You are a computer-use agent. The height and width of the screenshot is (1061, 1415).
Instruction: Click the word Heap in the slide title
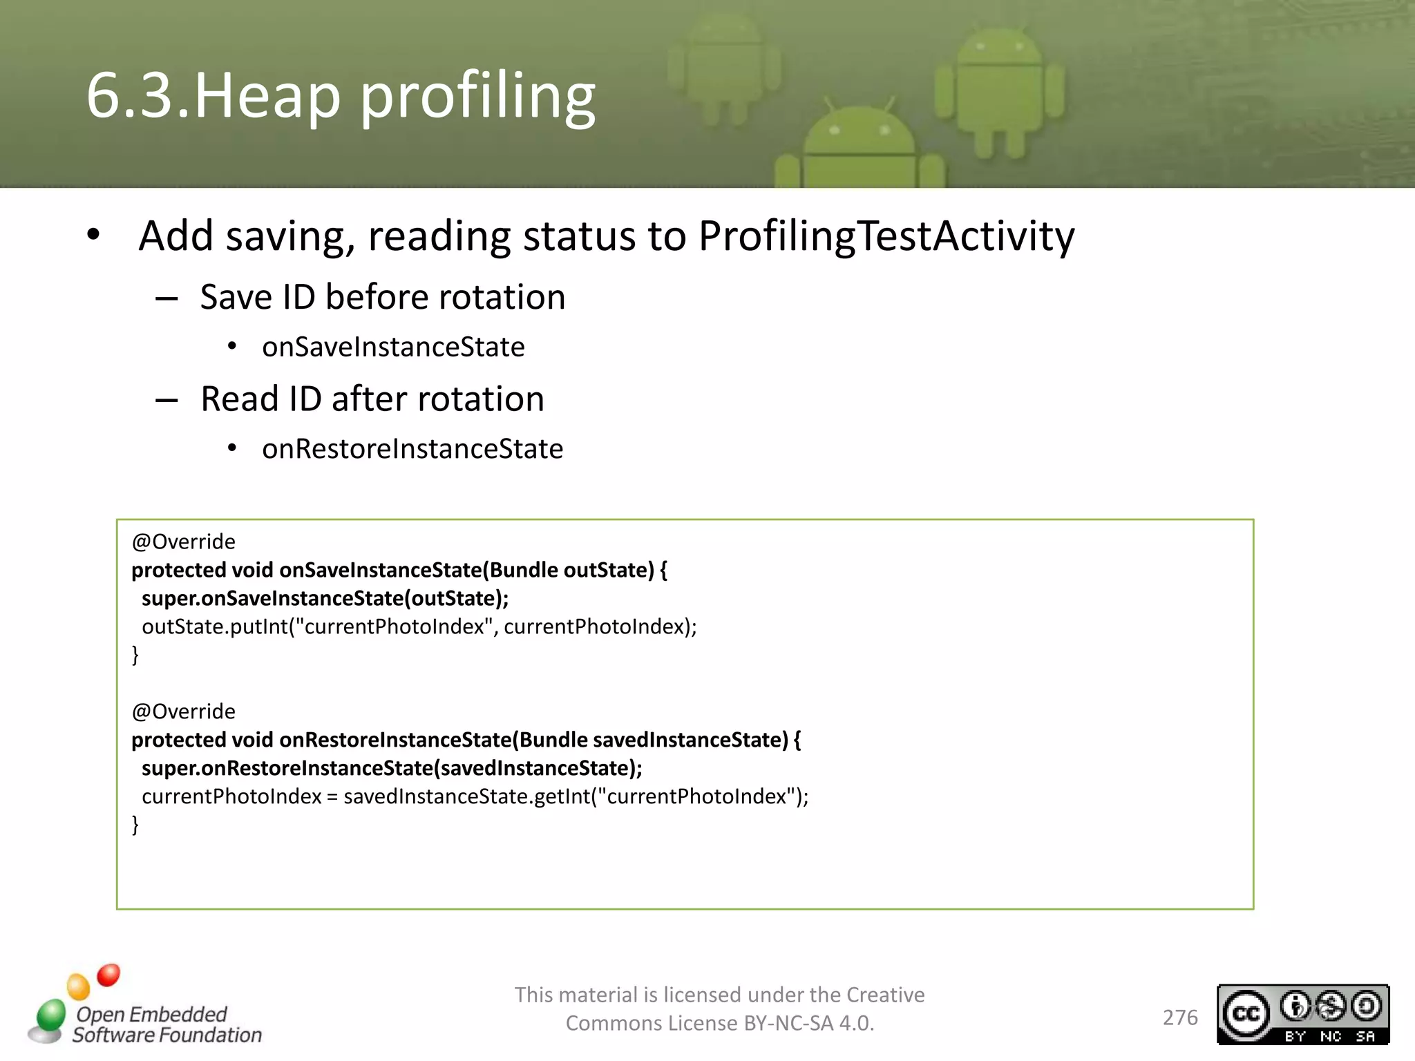pos(267,97)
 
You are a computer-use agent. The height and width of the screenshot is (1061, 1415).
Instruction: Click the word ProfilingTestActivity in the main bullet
pos(886,236)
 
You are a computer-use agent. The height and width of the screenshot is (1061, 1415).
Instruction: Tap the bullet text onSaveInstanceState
pos(393,347)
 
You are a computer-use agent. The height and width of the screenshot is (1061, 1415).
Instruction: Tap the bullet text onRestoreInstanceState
pos(412,449)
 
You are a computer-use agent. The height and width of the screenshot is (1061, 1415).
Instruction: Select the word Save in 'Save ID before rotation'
pos(236,298)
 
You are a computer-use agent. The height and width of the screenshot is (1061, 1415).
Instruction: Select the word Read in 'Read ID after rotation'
pos(239,399)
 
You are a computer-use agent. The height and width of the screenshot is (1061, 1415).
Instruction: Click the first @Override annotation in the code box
pos(183,542)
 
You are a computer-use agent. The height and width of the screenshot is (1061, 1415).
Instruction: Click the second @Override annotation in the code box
pos(183,711)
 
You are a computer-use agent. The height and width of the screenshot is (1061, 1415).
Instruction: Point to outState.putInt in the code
pos(215,627)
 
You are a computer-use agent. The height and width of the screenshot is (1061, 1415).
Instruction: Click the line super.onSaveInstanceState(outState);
pos(325,598)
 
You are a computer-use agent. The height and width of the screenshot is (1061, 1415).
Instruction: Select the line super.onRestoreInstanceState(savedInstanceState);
pos(392,768)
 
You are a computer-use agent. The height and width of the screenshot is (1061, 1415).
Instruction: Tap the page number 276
pos(1180,1017)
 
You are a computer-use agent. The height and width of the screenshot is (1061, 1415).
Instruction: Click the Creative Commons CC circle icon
pos(1246,1013)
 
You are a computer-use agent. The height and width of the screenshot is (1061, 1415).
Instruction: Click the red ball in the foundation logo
pos(108,975)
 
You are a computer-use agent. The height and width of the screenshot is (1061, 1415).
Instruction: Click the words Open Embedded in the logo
pos(151,1014)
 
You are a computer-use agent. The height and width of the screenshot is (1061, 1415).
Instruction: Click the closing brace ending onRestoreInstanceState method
pos(135,824)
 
